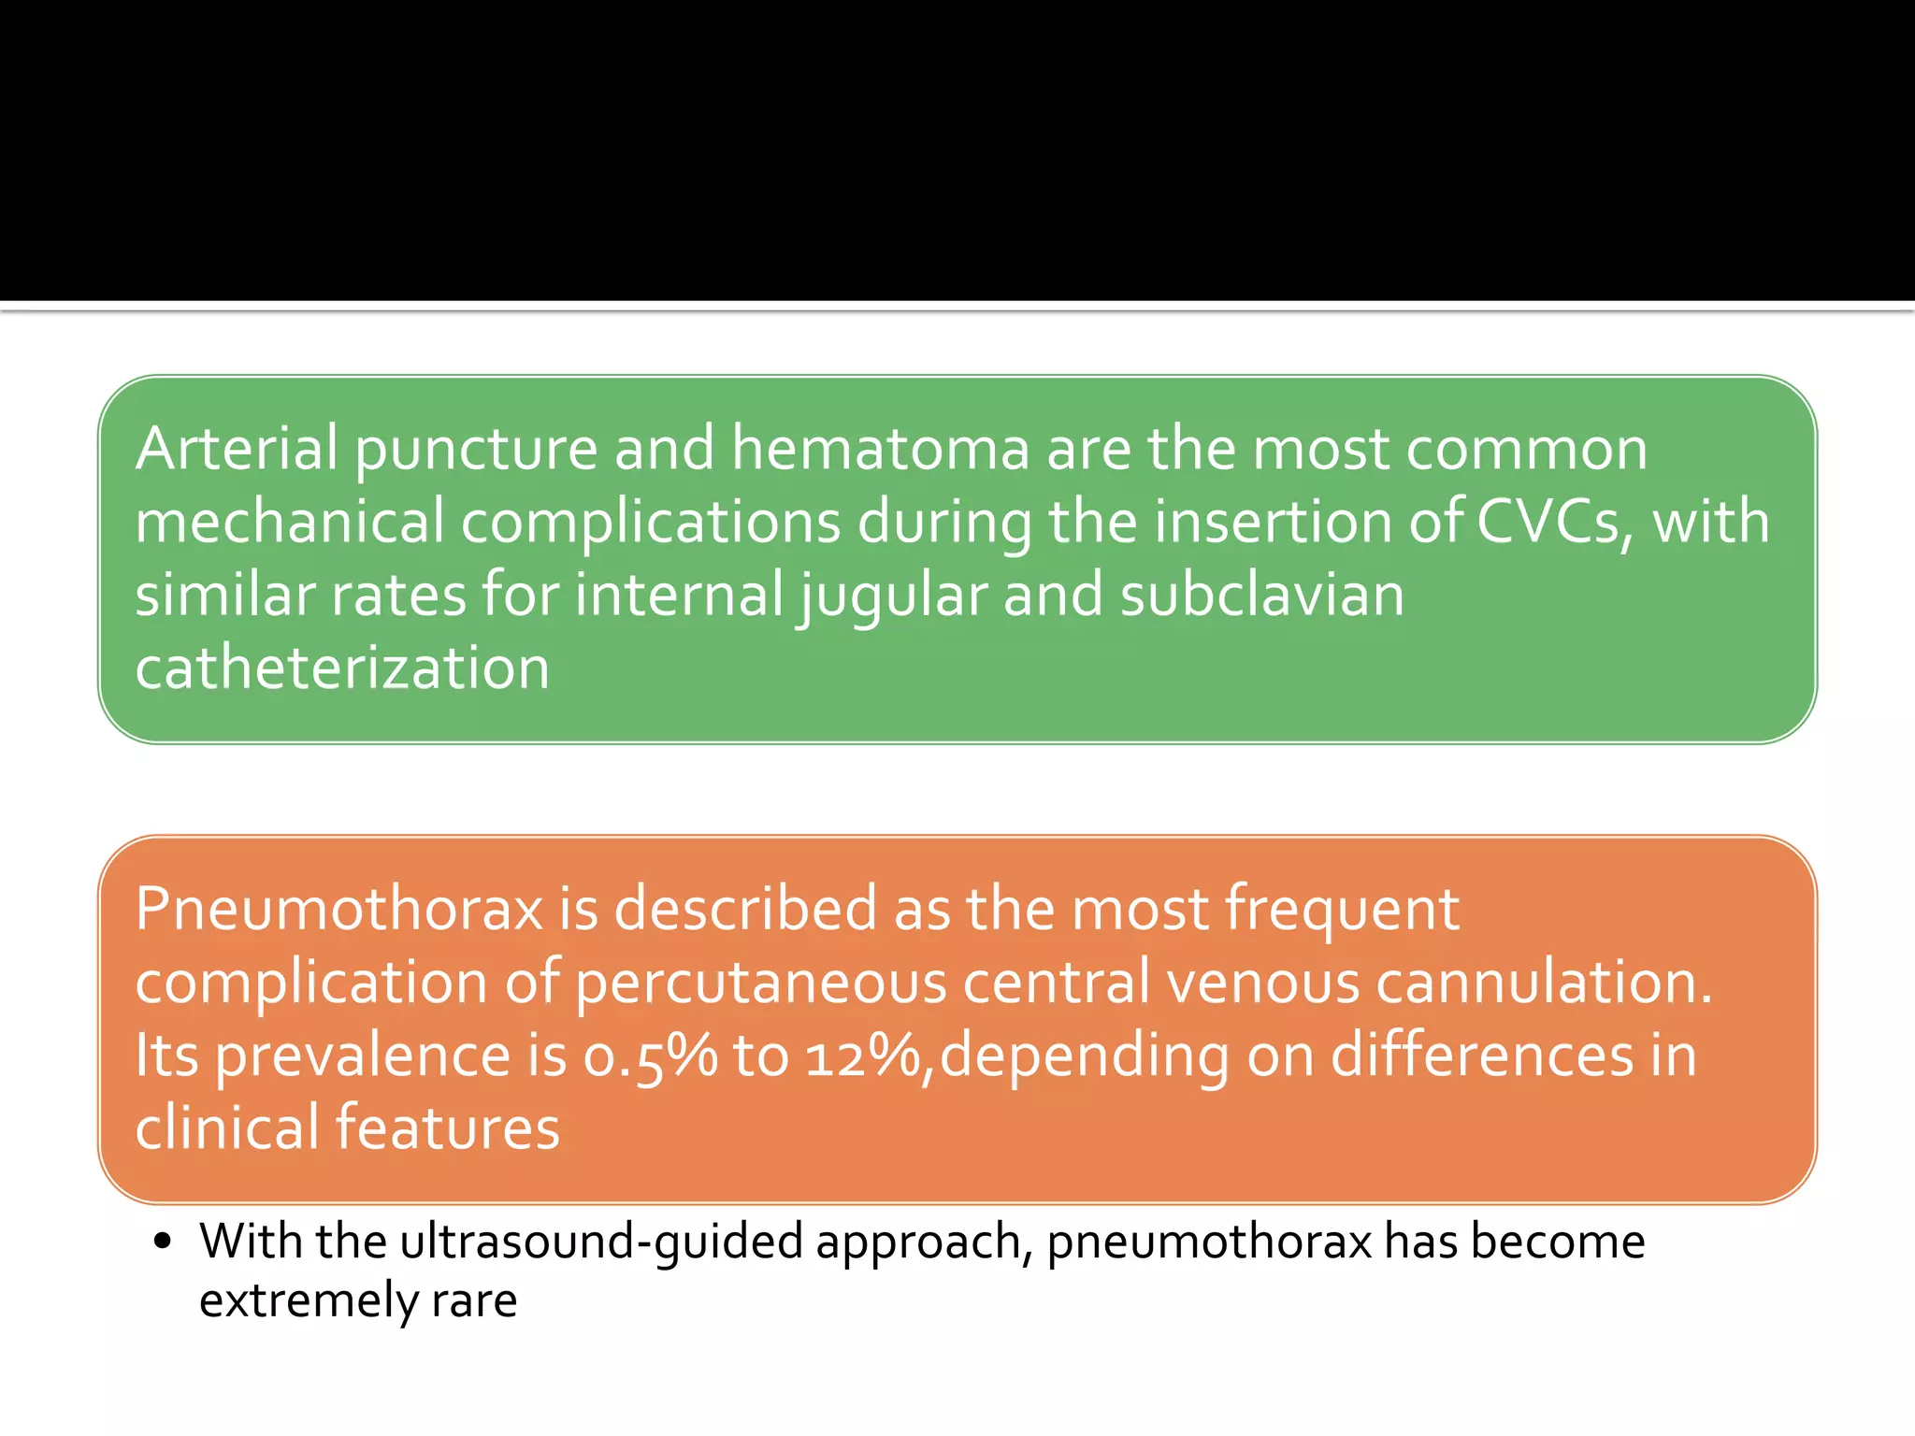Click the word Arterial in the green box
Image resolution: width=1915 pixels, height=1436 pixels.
pos(236,449)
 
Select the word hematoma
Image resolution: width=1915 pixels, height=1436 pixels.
pos(880,449)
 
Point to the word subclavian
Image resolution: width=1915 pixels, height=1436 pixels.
pos(1261,595)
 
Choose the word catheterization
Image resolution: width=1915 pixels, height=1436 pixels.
pos(342,668)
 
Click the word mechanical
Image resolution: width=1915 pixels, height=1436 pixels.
pos(289,522)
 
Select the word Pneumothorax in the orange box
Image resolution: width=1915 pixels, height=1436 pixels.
pos(338,909)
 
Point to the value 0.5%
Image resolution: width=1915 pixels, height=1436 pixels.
pos(650,1056)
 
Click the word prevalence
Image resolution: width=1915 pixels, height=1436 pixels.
pos(363,1056)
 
